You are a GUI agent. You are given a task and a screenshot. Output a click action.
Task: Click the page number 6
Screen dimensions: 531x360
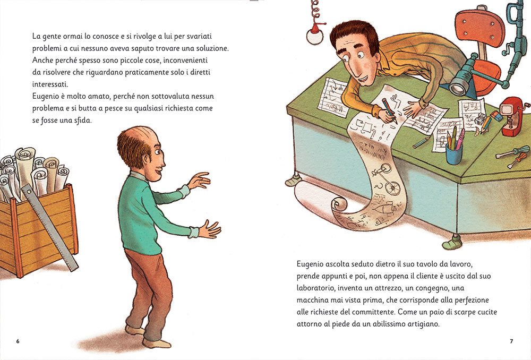click(18, 341)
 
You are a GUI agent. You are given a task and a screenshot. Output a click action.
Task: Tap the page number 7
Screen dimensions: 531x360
click(511, 341)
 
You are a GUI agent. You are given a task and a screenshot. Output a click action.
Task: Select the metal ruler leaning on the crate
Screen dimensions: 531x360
click(50, 228)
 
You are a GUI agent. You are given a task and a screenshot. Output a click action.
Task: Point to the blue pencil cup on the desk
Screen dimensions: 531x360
click(454, 154)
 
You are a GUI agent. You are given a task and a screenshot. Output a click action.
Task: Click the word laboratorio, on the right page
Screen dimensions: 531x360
click(316, 288)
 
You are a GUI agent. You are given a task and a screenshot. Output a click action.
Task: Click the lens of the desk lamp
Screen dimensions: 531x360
click(458, 88)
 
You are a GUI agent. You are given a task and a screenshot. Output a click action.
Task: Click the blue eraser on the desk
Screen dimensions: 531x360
click(496, 116)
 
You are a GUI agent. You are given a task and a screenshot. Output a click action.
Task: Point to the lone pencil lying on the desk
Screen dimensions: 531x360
click(422, 142)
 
